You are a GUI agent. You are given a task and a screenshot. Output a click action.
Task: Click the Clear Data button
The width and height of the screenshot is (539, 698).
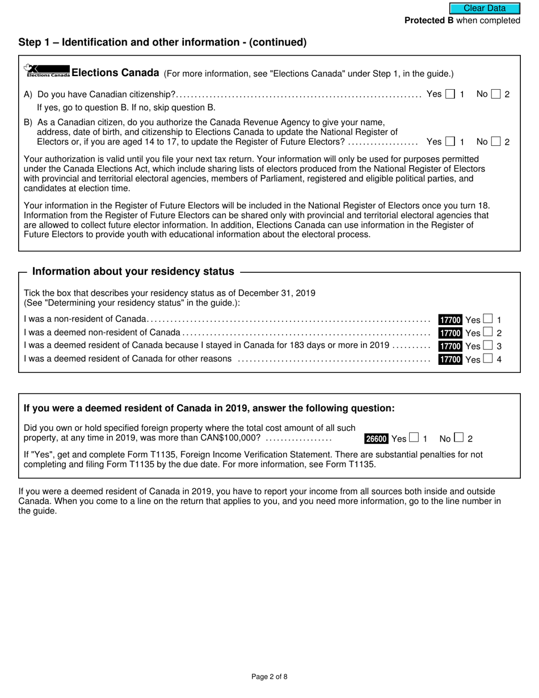[x=485, y=9]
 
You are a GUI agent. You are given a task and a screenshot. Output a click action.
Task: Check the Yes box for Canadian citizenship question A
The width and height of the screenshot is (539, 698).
[x=450, y=94]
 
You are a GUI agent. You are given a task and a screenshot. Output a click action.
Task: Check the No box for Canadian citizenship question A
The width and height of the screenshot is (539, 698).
[x=496, y=94]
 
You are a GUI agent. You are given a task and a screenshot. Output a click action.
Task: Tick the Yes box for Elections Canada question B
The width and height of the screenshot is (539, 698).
[x=450, y=142]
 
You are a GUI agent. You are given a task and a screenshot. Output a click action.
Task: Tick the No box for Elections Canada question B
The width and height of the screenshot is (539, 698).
[x=496, y=142]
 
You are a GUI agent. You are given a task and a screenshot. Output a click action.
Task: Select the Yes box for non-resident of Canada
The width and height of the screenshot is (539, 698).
[x=488, y=319]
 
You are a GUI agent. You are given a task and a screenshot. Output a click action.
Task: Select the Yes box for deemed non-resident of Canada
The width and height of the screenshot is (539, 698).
[x=488, y=333]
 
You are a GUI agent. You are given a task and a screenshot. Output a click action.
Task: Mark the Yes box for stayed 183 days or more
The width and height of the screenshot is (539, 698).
[x=488, y=346]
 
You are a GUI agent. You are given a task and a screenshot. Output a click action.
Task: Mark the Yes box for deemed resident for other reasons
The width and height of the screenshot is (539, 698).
[x=488, y=359]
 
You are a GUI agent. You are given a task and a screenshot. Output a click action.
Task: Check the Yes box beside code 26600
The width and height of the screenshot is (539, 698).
[x=414, y=438]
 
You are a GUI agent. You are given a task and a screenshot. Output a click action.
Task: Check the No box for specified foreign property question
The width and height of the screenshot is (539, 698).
[x=459, y=438]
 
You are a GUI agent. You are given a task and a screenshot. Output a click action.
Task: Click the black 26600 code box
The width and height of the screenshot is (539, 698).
[x=376, y=439]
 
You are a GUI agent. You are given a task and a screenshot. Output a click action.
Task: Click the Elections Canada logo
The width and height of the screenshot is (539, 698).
[x=47, y=70]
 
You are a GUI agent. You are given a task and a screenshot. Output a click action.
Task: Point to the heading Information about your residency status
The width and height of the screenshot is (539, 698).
[x=133, y=272]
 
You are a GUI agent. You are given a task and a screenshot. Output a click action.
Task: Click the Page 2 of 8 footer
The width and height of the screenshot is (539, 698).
[x=269, y=676]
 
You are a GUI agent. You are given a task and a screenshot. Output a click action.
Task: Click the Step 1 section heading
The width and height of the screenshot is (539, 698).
[x=162, y=42]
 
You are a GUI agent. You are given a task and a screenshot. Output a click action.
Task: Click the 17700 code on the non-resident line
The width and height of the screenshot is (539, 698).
[x=450, y=319]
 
